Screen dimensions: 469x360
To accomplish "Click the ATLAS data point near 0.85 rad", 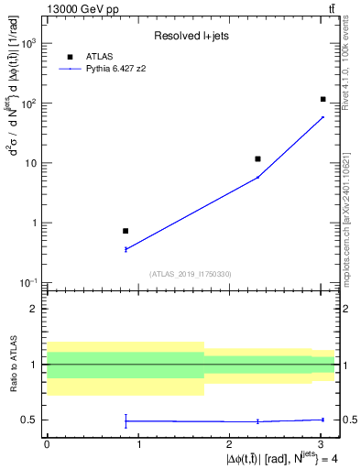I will [125, 231].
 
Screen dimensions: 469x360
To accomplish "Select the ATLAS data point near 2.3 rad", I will [257, 159].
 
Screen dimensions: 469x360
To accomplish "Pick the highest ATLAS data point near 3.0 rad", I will [323, 99].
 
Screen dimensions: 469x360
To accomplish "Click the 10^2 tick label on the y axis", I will [28, 104].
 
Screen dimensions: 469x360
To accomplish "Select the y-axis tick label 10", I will [31, 163].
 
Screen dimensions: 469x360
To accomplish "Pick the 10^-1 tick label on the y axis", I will [28, 283].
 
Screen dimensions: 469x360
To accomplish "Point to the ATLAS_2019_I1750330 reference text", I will [190, 274].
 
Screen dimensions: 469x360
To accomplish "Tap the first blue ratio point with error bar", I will [125, 420].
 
